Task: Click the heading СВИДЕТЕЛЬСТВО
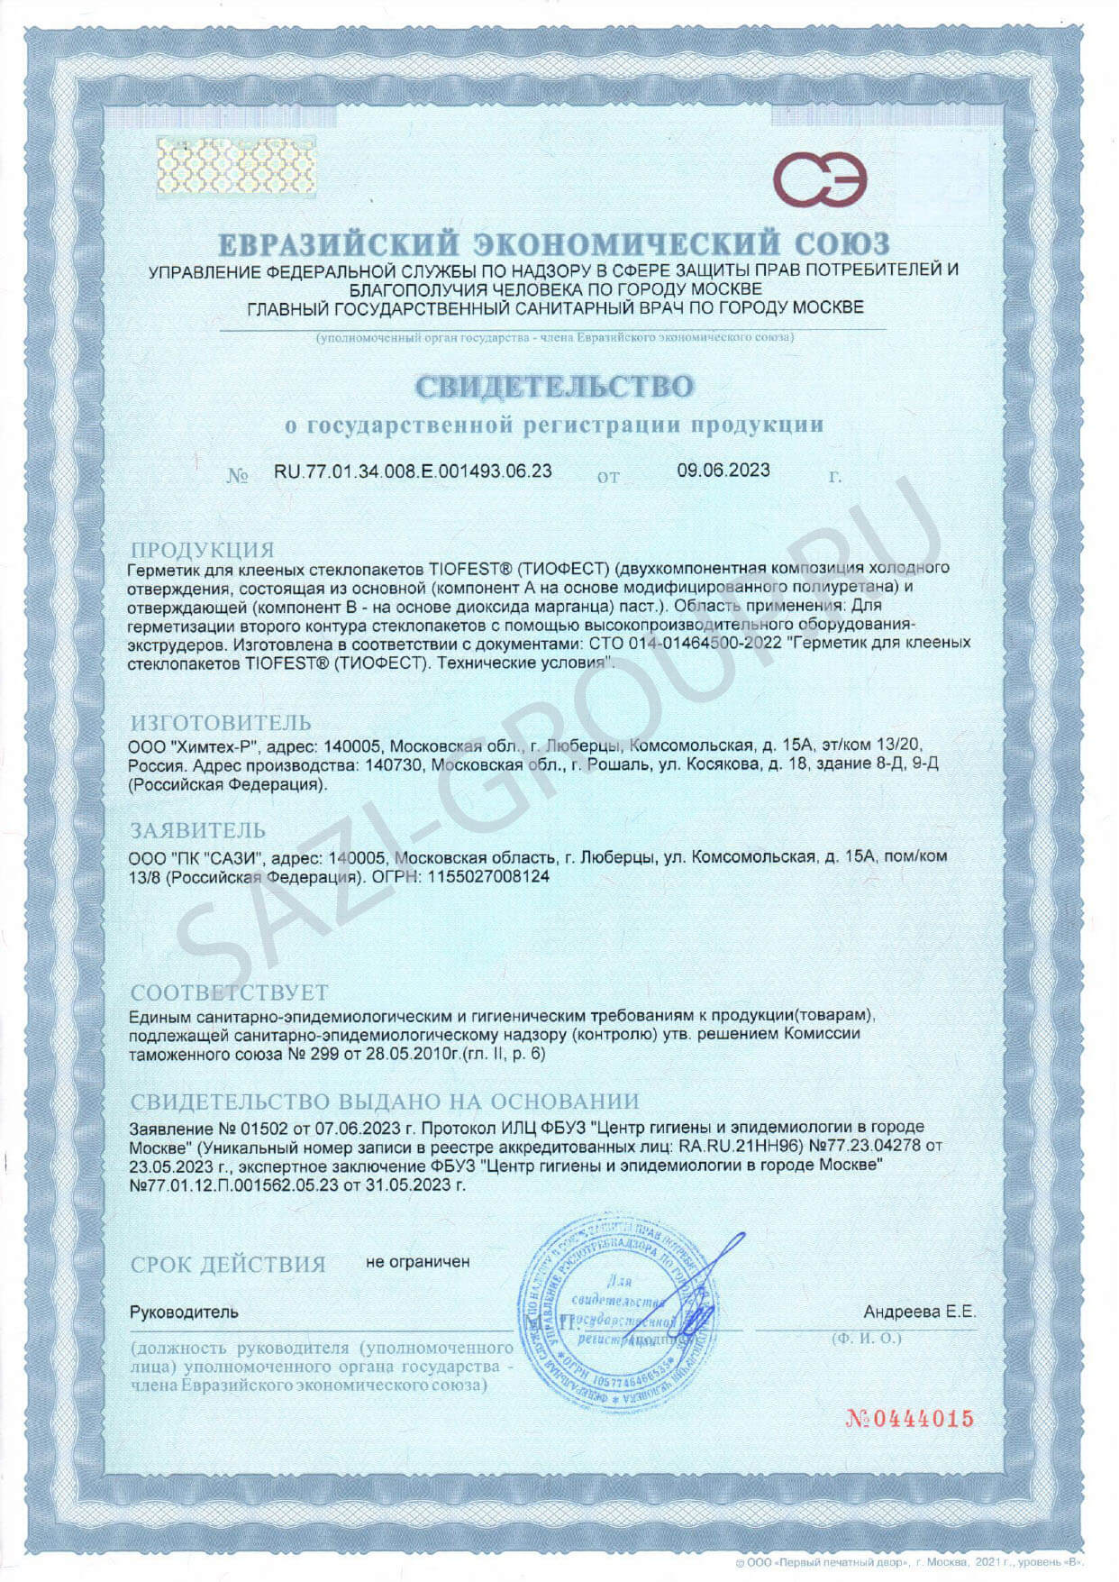point(554,386)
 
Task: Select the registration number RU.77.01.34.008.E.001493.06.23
point(413,471)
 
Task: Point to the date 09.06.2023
point(723,470)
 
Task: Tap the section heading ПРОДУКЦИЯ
point(202,549)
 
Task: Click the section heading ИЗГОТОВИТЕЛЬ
point(221,722)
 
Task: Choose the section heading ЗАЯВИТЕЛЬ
point(198,830)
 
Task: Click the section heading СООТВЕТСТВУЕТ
point(229,992)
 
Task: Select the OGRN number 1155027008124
point(492,875)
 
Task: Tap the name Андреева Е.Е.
point(919,1312)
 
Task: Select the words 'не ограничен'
point(417,1262)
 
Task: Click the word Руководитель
point(184,1312)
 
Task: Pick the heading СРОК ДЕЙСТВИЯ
point(228,1264)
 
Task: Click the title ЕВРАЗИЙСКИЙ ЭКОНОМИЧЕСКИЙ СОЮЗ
point(554,243)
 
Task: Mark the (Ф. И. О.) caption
point(866,1339)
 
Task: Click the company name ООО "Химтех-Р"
point(194,746)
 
